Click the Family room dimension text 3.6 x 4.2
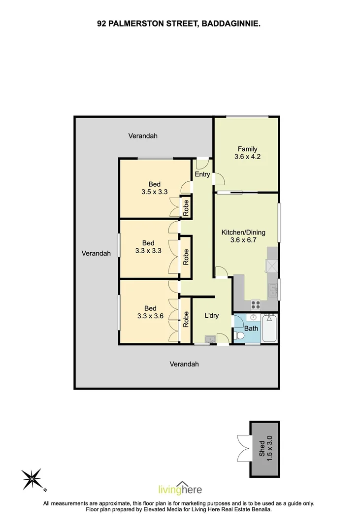click(x=248, y=158)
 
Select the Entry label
click(x=202, y=174)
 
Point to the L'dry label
click(x=211, y=316)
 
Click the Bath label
click(x=251, y=329)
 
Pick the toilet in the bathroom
click(x=240, y=335)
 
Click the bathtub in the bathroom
click(x=270, y=329)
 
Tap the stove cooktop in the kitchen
click(x=255, y=304)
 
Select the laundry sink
click(x=209, y=338)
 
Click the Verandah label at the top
click(x=143, y=136)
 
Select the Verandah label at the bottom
click(x=184, y=365)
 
